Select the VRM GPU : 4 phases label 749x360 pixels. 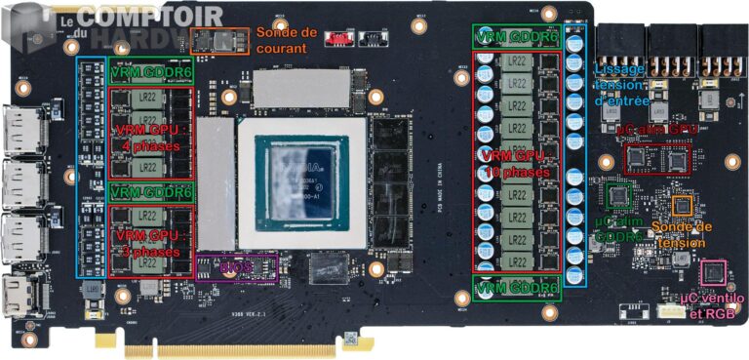click(x=147, y=136)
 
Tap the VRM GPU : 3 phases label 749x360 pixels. click(x=146, y=244)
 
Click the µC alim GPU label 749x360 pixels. click(x=657, y=128)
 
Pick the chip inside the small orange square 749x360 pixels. click(x=684, y=205)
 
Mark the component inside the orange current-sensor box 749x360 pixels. click(x=221, y=40)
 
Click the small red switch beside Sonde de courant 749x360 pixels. click(x=337, y=38)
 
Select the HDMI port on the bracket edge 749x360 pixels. click(x=17, y=299)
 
